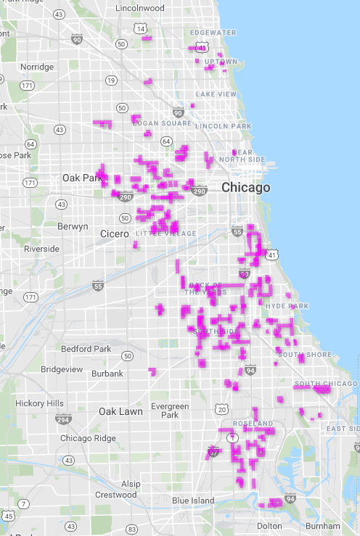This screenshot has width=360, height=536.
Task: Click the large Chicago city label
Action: [245, 188]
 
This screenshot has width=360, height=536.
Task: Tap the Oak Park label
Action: [82, 178]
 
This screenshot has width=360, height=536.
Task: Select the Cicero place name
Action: [114, 234]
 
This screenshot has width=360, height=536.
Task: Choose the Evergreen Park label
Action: [170, 411]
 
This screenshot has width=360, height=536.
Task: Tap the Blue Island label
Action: [192, 500]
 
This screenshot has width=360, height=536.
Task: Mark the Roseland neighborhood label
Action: [252, 423]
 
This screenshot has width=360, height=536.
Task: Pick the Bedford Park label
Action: [86, 349]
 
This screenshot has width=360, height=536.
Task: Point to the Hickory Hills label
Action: [39, 403]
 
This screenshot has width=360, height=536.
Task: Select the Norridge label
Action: [37, 67]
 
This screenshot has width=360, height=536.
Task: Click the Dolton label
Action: [269, 525]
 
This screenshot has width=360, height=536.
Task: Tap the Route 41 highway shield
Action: [272, 255]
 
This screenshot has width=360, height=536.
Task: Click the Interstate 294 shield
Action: [63, 419]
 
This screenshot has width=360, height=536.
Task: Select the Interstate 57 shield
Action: [213, 452]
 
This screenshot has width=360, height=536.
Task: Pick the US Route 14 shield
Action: [139, 28]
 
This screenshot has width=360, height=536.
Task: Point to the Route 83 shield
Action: [131, 529]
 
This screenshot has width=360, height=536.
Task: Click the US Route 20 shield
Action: [221, 410]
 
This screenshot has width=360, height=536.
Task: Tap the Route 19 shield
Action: [111, 80]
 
